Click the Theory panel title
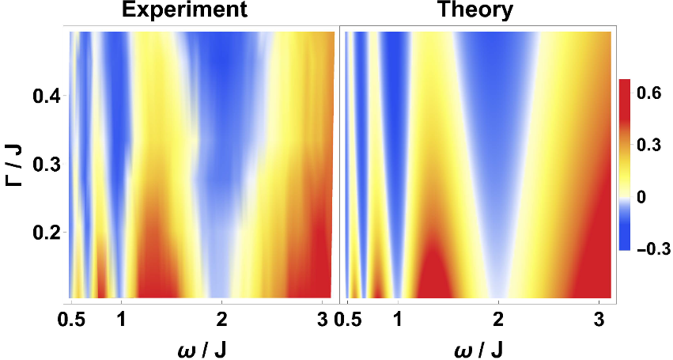(x=475, y=11)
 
